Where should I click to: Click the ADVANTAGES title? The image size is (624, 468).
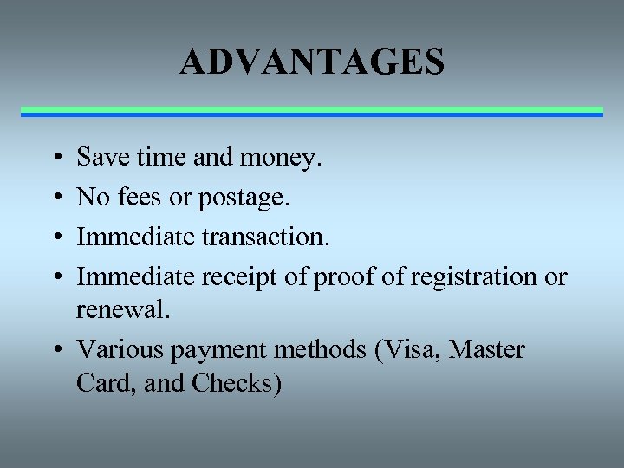(x=312, y=62)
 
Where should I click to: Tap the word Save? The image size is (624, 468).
(x=100, y=157)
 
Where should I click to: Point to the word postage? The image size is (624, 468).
(x=244, y=198)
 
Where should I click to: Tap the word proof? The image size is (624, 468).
(x=342, y=277)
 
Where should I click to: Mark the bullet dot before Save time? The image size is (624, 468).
(x=55, y=159)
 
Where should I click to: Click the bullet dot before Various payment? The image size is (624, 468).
(x=55, y=351)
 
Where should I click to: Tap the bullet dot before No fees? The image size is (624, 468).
(x=55, y=198)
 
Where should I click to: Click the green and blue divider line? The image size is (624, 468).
(x=312, y=111)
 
